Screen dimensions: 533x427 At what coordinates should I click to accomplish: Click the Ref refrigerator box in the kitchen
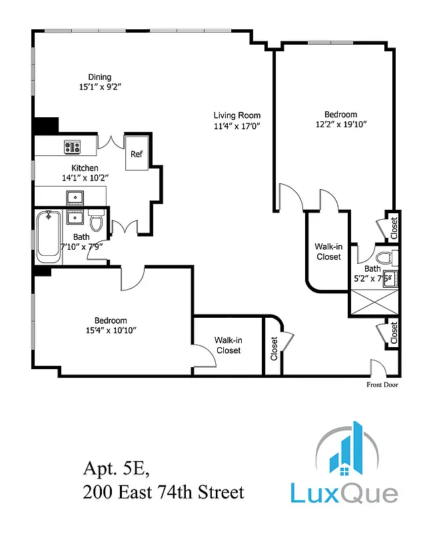[x=137, y=155]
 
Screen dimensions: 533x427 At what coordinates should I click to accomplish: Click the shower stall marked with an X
[x=374, y=303]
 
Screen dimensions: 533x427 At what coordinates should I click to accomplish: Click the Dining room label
[x=100, y=77]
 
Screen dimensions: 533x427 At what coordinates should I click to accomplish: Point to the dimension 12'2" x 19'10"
[x=341, y=124]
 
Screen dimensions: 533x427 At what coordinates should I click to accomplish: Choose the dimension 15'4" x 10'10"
[x=111, y=330]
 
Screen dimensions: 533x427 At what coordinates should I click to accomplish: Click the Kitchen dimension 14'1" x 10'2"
[x=85, y=178]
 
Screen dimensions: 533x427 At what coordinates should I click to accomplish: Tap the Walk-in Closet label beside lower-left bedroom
[x=228, y=345]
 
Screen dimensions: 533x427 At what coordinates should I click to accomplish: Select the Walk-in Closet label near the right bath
[x=328, y=252]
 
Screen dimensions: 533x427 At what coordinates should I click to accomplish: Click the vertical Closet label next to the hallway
[x=274, y=348]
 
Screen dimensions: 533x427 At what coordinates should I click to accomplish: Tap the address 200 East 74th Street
[x=163, y=492]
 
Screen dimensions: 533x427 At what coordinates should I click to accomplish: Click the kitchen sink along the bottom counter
[x=74, y=197]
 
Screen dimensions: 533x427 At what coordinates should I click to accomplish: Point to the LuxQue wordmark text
[x=344, y=493]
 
